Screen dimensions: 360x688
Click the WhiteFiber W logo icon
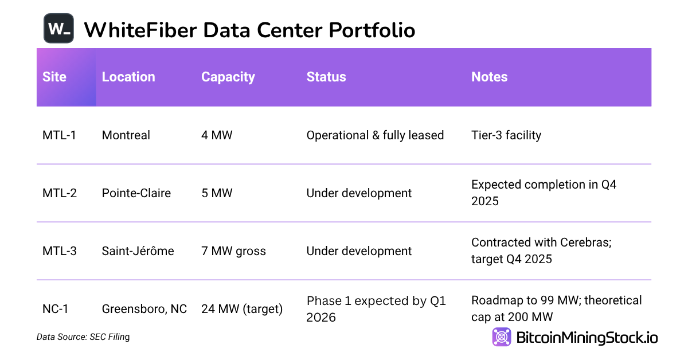point(59,28)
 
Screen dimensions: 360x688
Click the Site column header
point(54,77)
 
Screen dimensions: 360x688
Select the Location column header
point(128,77)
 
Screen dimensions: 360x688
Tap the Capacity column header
point(228,77)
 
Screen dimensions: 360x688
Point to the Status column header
point(326,77)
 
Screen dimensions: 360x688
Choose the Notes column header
point(489,77)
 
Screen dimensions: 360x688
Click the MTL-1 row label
point(59,135)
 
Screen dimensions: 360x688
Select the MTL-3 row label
point(60,251)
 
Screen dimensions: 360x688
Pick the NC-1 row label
point(56,309)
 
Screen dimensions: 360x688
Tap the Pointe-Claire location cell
point(136,193)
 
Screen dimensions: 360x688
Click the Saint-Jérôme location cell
point(138,251)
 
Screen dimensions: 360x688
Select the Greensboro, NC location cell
point(144,309)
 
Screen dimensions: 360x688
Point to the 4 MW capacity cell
point(217,135)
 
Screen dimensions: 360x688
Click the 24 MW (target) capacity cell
point(242,309)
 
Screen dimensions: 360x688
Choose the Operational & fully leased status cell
point(375,135)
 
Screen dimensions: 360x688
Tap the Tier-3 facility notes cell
point(506,135)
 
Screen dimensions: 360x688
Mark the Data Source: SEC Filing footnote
point(83,337)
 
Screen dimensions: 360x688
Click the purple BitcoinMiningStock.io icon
point(502,337)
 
